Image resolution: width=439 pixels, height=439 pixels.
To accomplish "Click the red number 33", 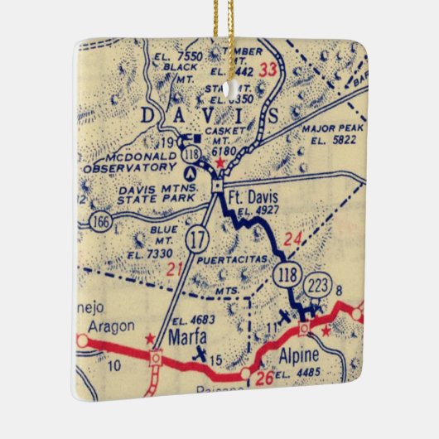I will [268, 69].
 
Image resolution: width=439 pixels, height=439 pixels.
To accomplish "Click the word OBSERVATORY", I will [125, 166].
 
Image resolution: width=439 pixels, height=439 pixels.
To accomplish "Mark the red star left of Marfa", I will [149, 339].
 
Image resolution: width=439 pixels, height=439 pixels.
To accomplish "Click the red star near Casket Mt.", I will [219, 163].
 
